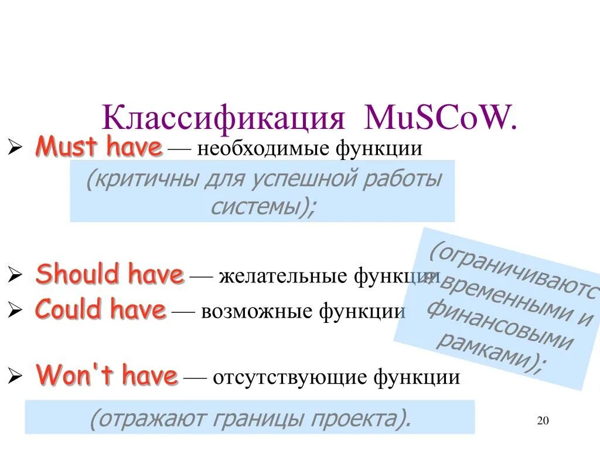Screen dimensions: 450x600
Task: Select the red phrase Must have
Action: coord(98,146)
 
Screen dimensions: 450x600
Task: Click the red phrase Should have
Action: coord(110,274)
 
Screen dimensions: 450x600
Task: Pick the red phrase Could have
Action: coord(101,310)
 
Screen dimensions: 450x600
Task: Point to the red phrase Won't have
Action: coord(107,376)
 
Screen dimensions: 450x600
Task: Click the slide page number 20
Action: coord(542,421)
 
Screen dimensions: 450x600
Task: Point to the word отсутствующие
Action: coord(289,377)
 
